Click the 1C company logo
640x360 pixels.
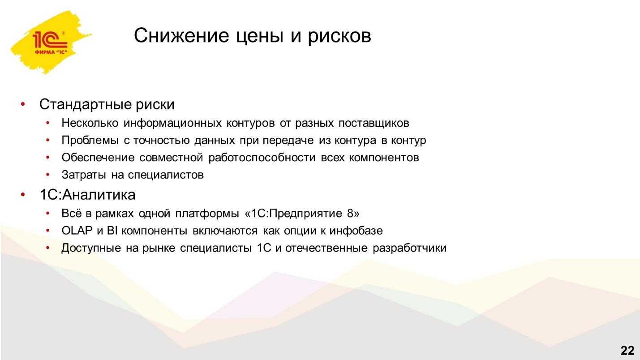[x=50, y=42]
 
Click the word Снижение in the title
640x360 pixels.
[x=181, y=35]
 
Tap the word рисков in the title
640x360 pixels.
[x=339, y=37]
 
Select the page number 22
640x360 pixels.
[x=627, y=350]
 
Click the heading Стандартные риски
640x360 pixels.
[x=107, y=104]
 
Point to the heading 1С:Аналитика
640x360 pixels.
[x=87, y=195]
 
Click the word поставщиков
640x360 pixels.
[x=374, y=123]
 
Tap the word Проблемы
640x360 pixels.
[x=90, y=140]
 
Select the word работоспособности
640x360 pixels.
[x=262, y=158]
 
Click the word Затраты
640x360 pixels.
[x=84, y=175]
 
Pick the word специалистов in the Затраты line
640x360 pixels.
[x=166, y=175]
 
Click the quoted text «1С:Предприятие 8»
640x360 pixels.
[x=302, y=214]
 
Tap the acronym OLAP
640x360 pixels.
[x=77, y=231]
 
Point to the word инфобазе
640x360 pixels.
[x=356, y=231]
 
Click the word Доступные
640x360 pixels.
[x=91, y=248]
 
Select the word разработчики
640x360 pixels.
[x=409, y=248]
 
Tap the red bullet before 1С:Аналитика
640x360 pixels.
[x=23, y=195]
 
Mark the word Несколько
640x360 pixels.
[x=90, y=123]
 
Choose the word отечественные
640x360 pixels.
[x=326, y=248]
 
